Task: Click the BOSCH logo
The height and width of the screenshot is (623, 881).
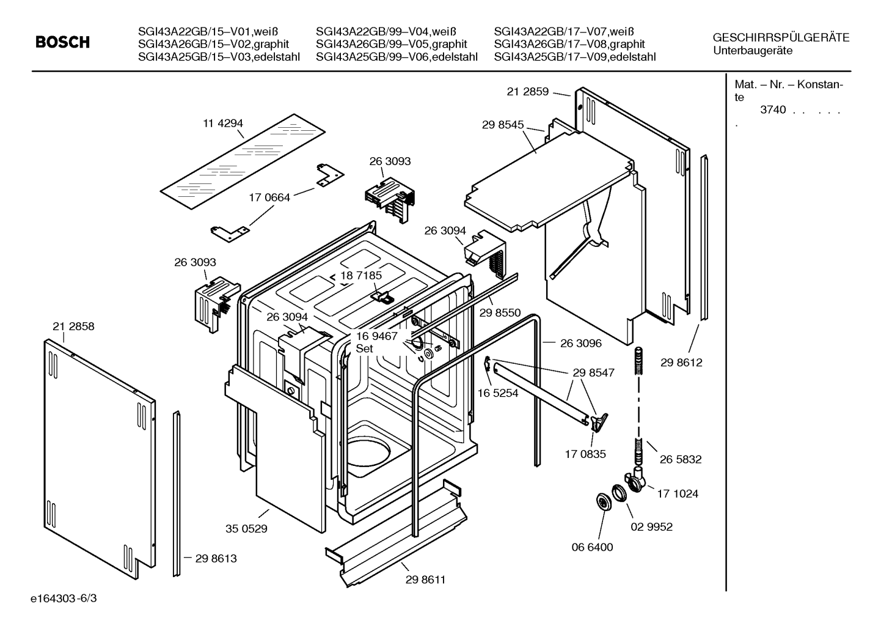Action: [x=62, y=42]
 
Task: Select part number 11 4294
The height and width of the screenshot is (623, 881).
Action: [x=223, y=123]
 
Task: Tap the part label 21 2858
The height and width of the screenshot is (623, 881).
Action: [x=73, y=326]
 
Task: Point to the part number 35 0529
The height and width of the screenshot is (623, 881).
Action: [x=246, y=529]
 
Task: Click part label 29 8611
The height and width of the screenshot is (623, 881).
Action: [x=426, y=580]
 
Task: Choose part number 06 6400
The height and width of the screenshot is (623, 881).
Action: [x=592, y=547]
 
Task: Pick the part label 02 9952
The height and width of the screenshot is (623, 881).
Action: [x=652, y=526]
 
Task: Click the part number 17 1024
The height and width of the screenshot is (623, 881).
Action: [x=678, y=493]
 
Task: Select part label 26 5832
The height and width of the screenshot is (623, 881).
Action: [x=681, y=459]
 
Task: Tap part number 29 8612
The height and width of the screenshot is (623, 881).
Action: [x=681, y=363]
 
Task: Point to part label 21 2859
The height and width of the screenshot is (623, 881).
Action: [x=527, y=91]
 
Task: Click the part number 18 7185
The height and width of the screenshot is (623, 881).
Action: [x=361, y=275]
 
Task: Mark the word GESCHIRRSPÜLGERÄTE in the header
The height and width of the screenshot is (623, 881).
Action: [x=781, y=38]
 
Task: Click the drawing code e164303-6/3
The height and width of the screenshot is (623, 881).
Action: [x=64, y=599]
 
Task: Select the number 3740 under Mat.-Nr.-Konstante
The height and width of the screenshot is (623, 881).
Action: [x=773, y=110]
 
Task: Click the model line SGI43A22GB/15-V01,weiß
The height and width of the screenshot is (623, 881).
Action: [x=208, y=31]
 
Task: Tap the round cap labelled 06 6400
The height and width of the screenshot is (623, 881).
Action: [x=603, y=503]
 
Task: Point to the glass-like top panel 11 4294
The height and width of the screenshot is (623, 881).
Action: [x=243, y=162]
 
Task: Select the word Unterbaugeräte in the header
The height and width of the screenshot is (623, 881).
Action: [x=753, y=51]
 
